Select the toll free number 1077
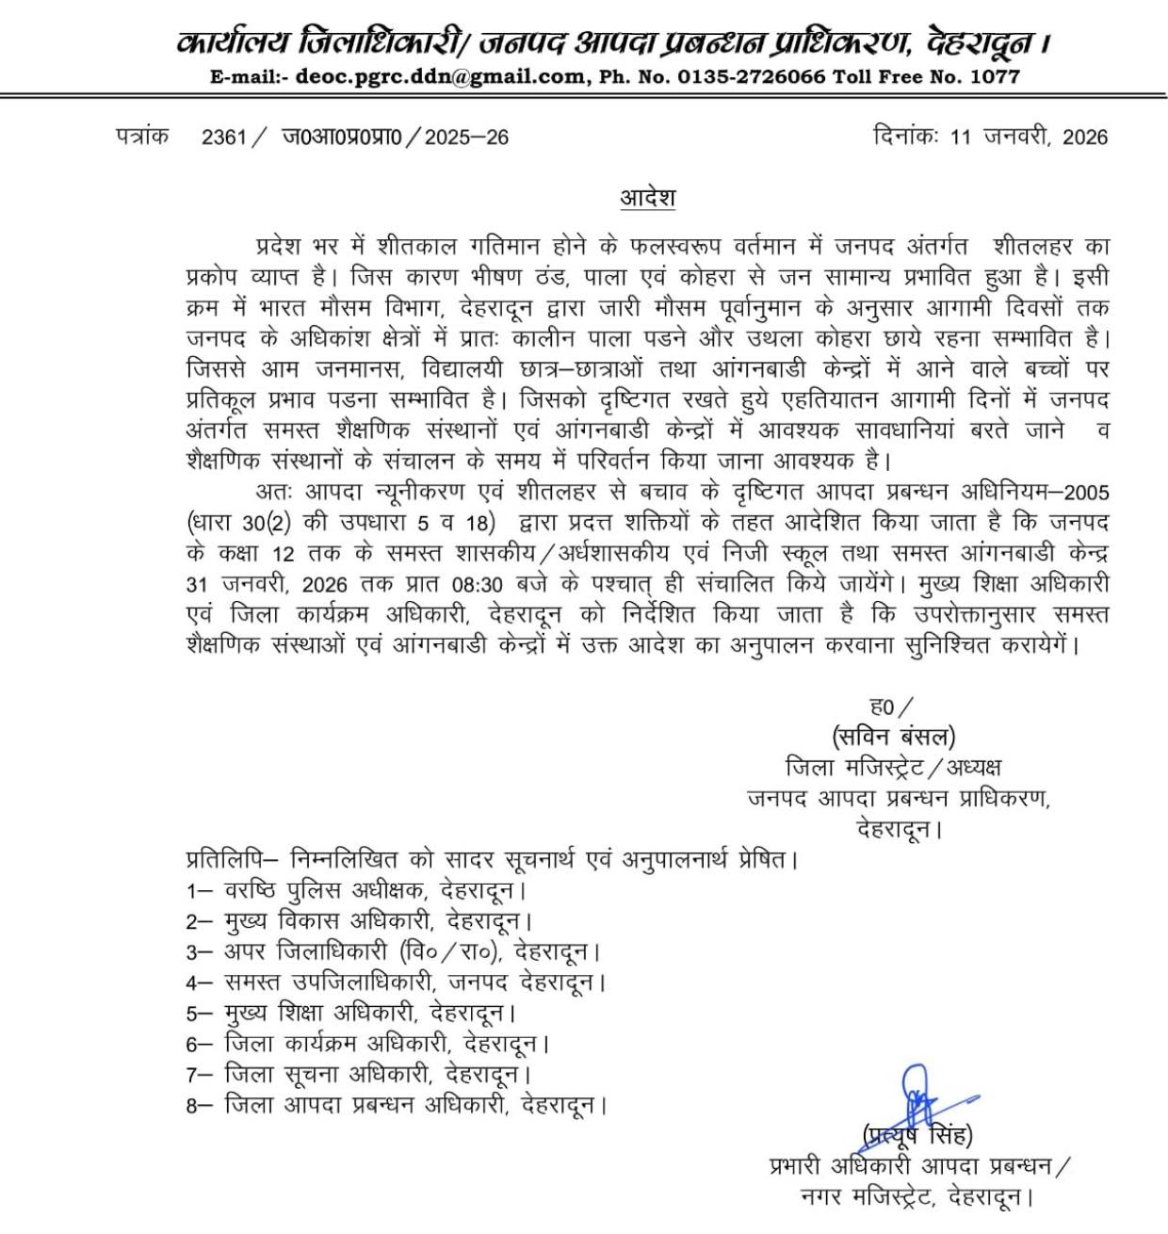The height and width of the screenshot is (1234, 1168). click(995, 76)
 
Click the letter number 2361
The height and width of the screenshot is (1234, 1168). click(223, 138)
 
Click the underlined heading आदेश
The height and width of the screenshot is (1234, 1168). click(647, 199)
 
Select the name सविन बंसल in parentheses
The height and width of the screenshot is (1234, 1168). click(893, 736)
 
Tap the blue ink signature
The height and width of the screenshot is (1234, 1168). click(923, 1097)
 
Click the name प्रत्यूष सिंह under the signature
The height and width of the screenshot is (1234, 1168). click(917, 1135)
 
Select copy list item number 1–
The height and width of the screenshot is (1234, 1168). click(200, 890)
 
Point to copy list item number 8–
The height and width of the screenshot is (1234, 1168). click(200, 1106)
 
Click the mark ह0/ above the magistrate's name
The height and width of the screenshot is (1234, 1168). click(891, 706)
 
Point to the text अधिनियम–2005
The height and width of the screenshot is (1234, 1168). click(1031, 493)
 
